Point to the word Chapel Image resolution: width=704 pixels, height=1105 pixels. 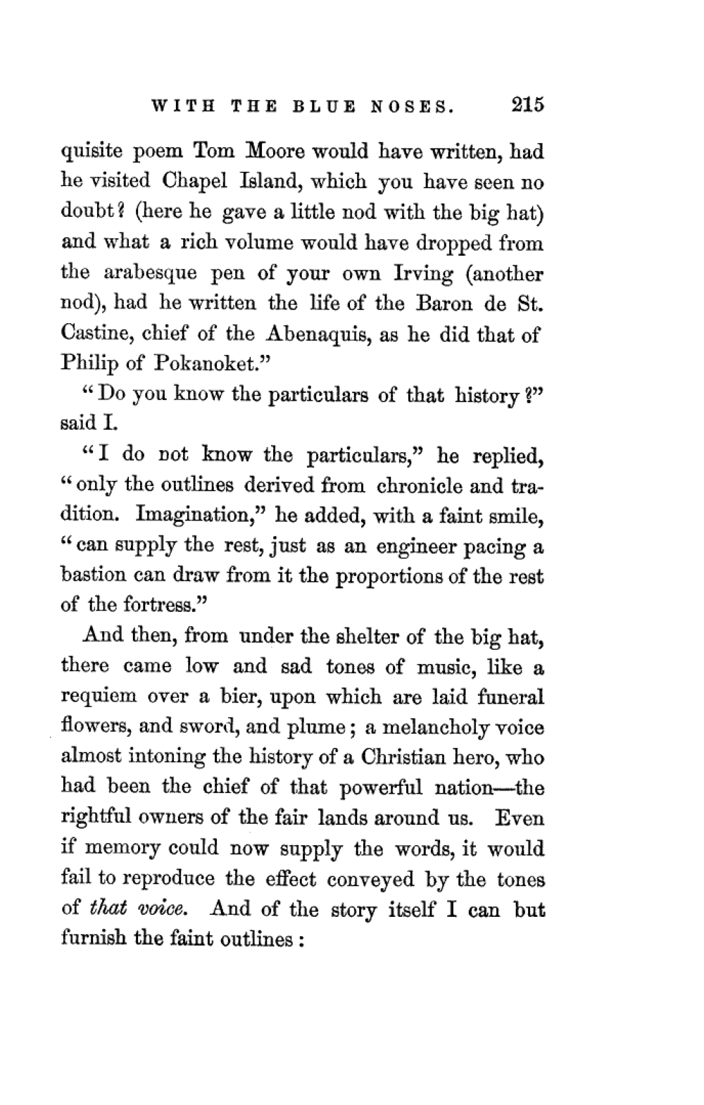(196, 181)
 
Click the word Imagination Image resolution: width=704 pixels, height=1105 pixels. (198, 516)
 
